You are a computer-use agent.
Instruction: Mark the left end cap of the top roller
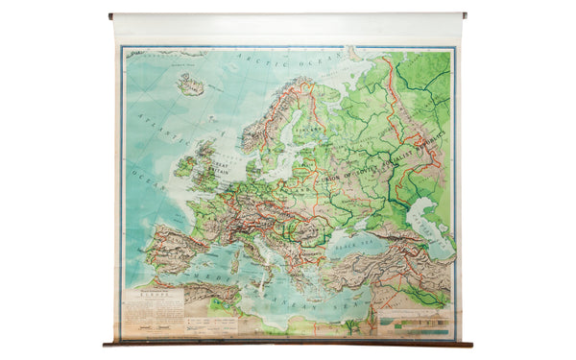pos(111,15)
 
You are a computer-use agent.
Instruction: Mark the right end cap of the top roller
pos(466,15)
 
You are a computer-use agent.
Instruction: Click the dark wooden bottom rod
pos(288,343)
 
